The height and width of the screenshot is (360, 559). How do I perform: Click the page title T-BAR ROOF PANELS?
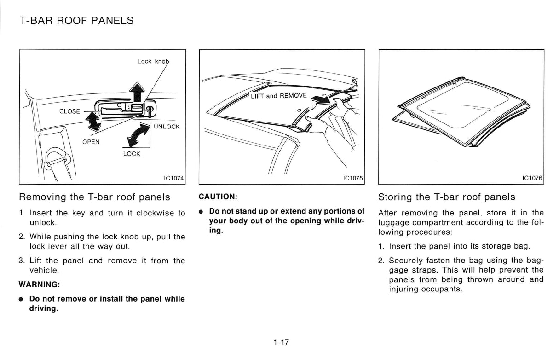[x=77, y=21]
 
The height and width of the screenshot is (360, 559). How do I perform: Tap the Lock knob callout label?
[x=153, y=61]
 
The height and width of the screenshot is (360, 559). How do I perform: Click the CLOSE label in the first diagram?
[x=69, y=111]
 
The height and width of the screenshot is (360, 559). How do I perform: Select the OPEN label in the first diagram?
[x=91, y=142]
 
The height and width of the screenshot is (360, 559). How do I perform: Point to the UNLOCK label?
[x=167, y=127]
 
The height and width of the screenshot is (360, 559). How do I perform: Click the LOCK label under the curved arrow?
[x=132, y=154]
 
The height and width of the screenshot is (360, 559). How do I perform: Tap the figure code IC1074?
[x=173, y=178]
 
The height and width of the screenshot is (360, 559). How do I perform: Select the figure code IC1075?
[x=353, y=178]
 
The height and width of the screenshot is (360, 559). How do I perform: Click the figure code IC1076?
[x=532, y=178]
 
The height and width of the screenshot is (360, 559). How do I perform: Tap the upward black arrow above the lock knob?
[x=137, y=92]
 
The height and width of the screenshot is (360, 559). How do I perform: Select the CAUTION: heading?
[x=218, y=197]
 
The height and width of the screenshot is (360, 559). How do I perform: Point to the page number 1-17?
[x=280, y=342]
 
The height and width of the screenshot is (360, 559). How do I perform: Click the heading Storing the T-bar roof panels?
[x=446, y=197]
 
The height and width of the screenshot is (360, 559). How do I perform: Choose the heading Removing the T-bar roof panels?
[x=94, y=197]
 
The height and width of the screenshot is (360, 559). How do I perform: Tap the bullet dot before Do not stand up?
[x=201, y=212]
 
